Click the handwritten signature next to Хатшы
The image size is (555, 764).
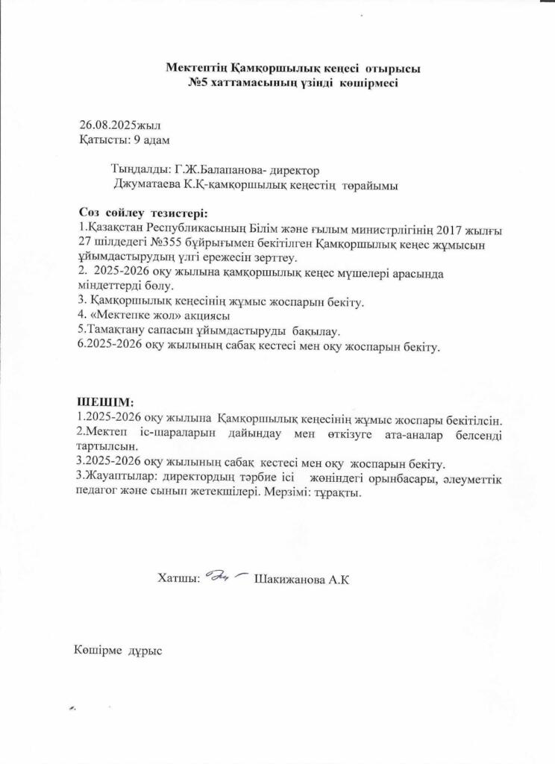(x=226, y=576)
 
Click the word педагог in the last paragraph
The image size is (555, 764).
(x=98, y=493)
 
